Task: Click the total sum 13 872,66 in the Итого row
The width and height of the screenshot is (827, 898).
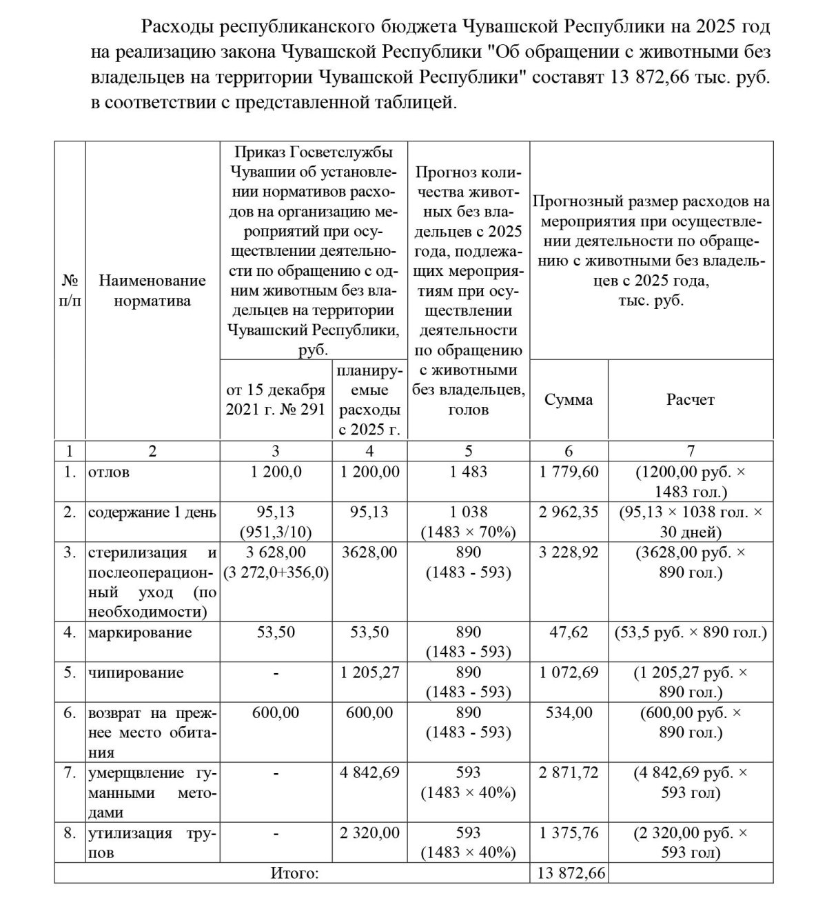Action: click(x=569, y=873)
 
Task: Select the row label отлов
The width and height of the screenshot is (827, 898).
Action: click(x=109, y=472)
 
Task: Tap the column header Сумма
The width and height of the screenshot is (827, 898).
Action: click(x=569, y=399)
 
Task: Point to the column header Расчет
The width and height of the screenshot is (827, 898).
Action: click(x=691, y=399)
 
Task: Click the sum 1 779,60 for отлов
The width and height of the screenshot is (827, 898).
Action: click(x=569, y=472)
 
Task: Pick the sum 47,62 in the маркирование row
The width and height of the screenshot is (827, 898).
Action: click(x=569, y=632)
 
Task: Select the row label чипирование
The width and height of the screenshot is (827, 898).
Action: click(x=136, y=672)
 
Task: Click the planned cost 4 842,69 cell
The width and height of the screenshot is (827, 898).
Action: click(x=369, y=772)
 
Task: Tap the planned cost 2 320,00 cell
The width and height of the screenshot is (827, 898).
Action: click(x=369, y=832)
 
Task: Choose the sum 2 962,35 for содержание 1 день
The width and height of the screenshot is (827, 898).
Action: click(x=569, y=512)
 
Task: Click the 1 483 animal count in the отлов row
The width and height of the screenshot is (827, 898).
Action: click(x=468, y=472)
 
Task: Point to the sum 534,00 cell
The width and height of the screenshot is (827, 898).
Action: click(x=569, y=712)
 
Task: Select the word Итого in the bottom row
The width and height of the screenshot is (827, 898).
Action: click(x=295, y=874)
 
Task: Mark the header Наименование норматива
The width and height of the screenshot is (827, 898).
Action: click(x=152, y=290)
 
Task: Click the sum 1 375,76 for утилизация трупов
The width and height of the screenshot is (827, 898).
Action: click(x=569, y=832)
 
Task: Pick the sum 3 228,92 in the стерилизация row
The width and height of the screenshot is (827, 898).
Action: click(x=569, y=552)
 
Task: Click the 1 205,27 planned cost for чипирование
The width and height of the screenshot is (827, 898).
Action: click(x=369, y=672)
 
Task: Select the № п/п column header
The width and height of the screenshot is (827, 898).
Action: click(x=70, y=290)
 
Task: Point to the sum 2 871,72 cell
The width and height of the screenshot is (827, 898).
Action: click(x=569, y=772)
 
